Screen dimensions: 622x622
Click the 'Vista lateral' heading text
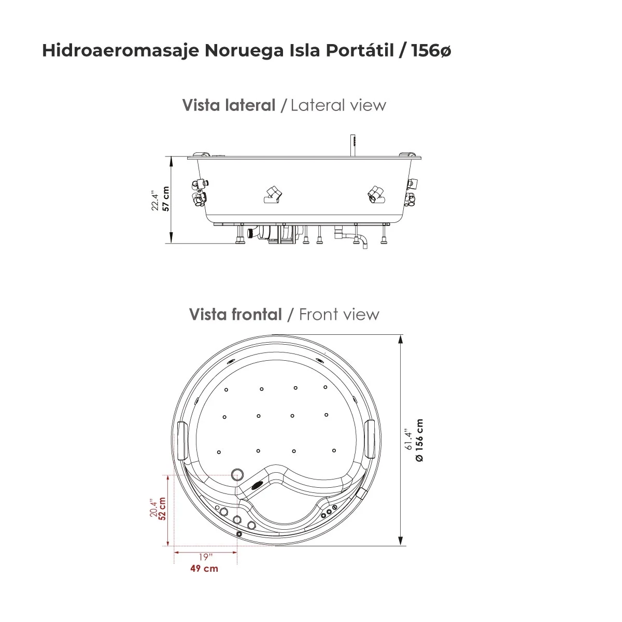[229, 105]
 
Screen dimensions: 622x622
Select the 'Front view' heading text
[339, 314]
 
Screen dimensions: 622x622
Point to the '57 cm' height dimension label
[166, 199]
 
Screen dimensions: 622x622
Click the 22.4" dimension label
[155, 200]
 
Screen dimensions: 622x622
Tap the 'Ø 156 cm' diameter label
[419, 440]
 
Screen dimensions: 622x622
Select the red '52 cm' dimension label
[163, 510]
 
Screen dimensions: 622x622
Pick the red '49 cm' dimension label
[204, 569]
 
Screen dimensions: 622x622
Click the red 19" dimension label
[205, 557]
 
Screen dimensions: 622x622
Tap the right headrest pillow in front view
[370, 439]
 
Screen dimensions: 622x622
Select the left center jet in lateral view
[272, 194]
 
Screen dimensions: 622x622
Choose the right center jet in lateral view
[376, 194]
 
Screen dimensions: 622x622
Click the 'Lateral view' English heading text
[338, 105]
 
